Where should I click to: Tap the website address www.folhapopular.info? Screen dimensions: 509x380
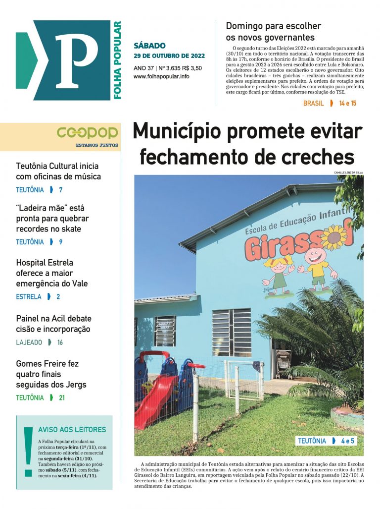click(x=161, y=77)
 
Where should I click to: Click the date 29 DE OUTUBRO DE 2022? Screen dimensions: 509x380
click(x=169, y=56)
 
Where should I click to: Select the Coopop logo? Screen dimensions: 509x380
click(x=87, y=132)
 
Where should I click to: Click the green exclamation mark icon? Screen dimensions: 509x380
click(x=28, y=451)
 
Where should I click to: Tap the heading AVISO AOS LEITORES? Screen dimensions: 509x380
click(x=72, y=430)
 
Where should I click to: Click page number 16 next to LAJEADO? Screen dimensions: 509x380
click(x=60, y=342)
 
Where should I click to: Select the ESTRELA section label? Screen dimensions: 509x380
click(x=29, y=297)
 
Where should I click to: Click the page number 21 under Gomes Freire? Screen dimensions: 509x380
click(x=61, y=397)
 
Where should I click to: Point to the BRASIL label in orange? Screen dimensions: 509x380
click(x=313, y=104)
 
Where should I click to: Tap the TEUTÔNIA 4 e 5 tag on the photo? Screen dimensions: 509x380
click(x=326, y=441)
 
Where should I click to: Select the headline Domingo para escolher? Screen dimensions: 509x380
click(x=273, y=26)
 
